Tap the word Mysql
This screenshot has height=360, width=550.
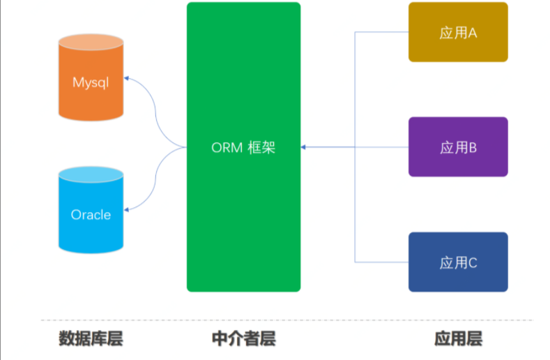click(91, 82)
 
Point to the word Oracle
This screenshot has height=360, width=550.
click(91, 215)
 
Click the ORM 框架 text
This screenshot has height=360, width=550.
click(243, 148)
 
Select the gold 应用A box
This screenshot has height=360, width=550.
click(458, 32)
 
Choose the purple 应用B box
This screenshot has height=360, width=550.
click(458, 147)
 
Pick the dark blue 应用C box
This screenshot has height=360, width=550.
click(458, 262)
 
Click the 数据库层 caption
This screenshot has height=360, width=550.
click(91, 340)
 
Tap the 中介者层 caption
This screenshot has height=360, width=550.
click(243, 340)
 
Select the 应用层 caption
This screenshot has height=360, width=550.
click(458, 340)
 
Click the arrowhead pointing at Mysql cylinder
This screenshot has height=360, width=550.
click(128, 79)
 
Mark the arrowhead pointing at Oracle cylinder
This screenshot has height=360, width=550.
click(128, 208)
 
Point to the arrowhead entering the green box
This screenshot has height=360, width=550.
click(304, 147)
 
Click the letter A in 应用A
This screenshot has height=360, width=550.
click(472, 33)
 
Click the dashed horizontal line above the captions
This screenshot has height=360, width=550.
click(279, 321)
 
